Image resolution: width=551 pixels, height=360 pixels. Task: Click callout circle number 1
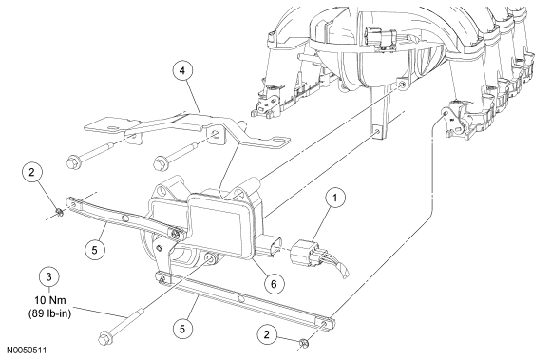point(334,199)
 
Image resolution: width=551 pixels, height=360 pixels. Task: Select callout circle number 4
point(182,70)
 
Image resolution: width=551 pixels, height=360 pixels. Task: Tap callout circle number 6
point(274,283)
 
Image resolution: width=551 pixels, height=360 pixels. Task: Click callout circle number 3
point(48,276)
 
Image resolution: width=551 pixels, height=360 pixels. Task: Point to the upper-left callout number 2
point(32,172)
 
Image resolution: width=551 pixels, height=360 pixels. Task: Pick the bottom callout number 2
point(267,334)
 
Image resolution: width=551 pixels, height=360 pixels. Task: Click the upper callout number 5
point(95,250)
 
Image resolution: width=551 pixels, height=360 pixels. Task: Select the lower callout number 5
point(182,329)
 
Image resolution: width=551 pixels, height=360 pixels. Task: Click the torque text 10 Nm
point(50,301)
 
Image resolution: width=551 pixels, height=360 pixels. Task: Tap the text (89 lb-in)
point(50,313)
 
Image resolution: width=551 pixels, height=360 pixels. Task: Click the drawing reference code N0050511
point(28,351)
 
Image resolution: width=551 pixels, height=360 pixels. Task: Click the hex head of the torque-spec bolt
point(105,337)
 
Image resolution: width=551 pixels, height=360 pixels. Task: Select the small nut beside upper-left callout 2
point(60,212)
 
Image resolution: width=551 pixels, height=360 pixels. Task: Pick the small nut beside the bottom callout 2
point(304,343)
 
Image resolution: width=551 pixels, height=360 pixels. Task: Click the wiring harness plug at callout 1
point(304,252)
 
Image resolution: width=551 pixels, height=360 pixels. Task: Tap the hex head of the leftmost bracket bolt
point(73,161)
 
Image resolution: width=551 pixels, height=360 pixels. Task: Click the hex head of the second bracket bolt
point(161,163)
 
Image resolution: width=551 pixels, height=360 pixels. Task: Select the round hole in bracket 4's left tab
point(113,127)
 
